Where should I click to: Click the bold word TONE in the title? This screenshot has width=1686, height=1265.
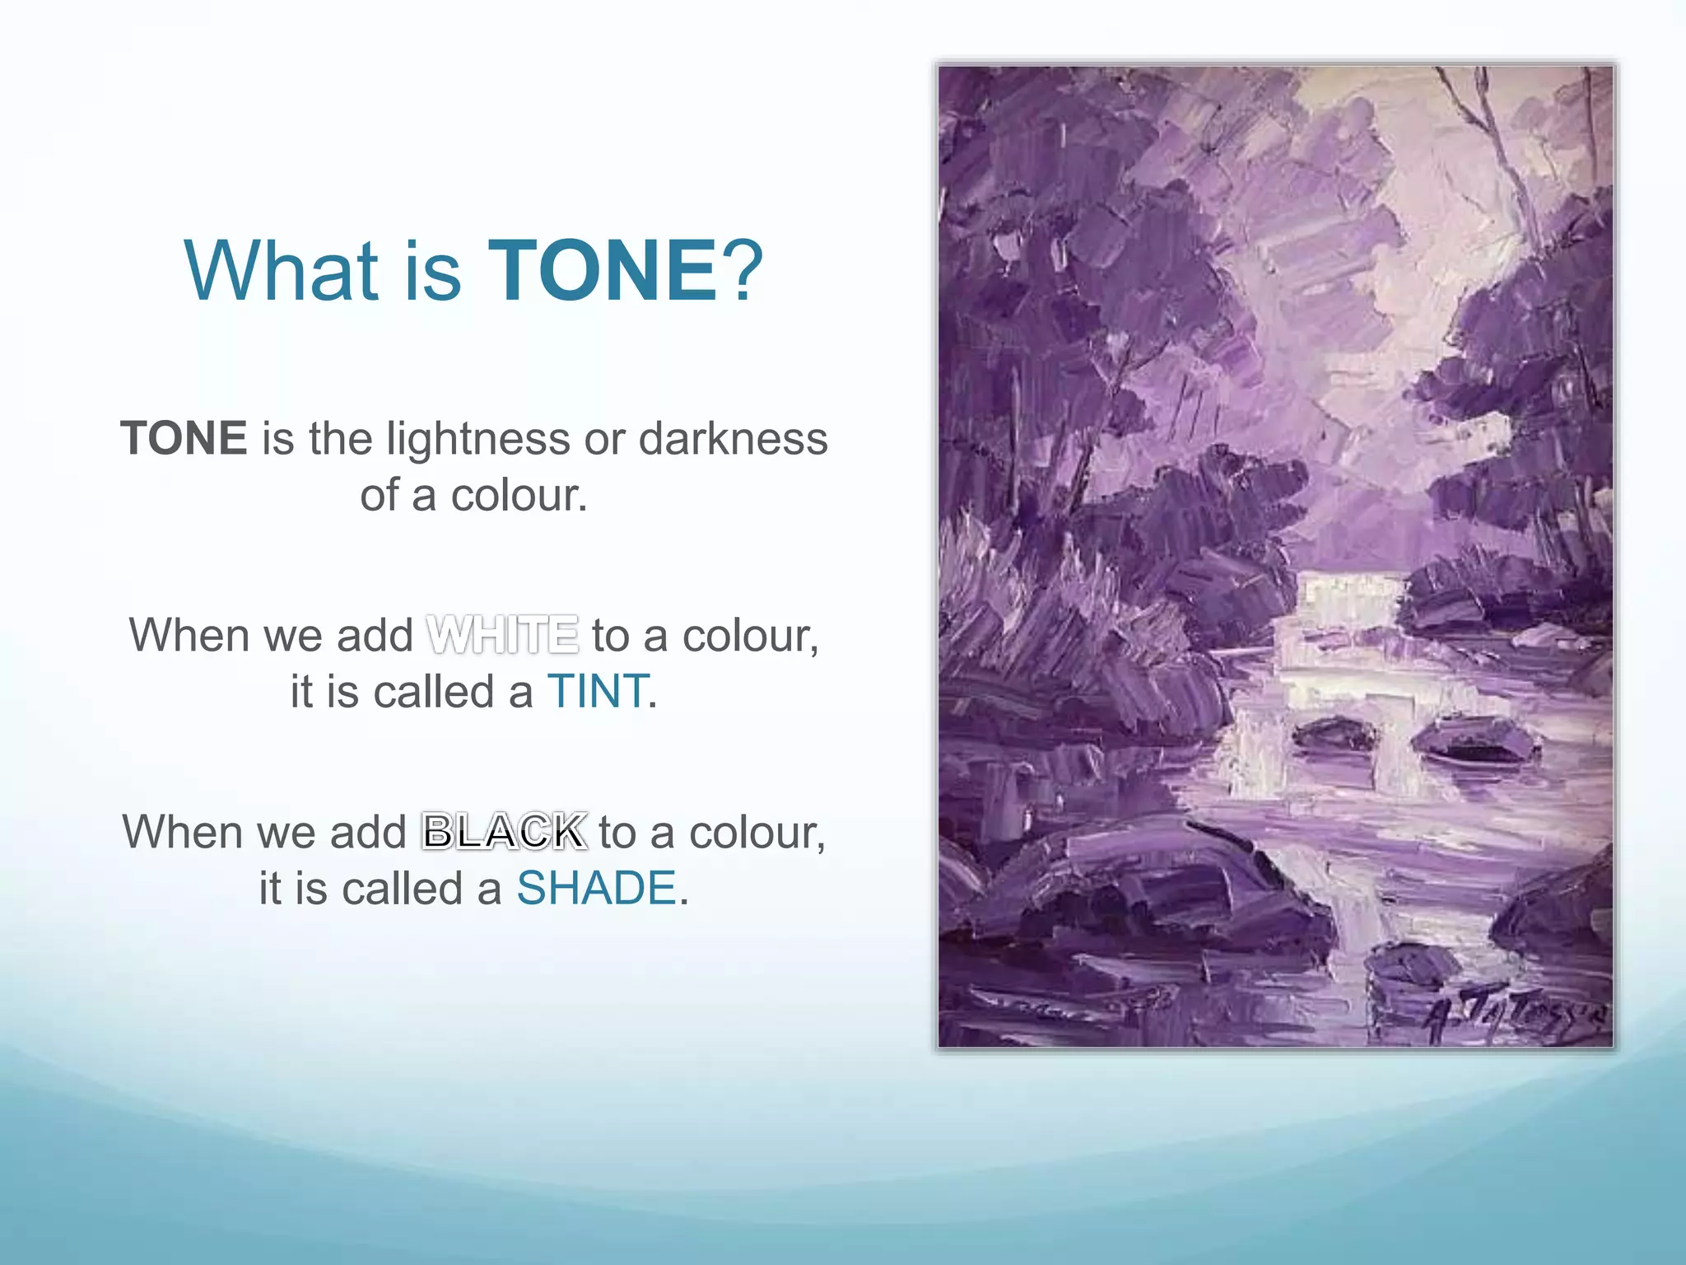click(603, 271)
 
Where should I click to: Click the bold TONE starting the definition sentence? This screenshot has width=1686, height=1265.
click(184, 438)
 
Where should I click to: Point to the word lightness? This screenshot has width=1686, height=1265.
click(477, 440)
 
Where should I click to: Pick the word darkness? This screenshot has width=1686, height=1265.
click(733, 438)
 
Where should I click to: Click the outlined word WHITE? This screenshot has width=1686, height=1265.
click(502, 636)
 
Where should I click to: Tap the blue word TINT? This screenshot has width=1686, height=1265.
click(598, 691)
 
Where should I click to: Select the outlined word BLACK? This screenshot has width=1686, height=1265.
click(504, 832)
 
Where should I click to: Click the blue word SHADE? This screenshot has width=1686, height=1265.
click(596, 889)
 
